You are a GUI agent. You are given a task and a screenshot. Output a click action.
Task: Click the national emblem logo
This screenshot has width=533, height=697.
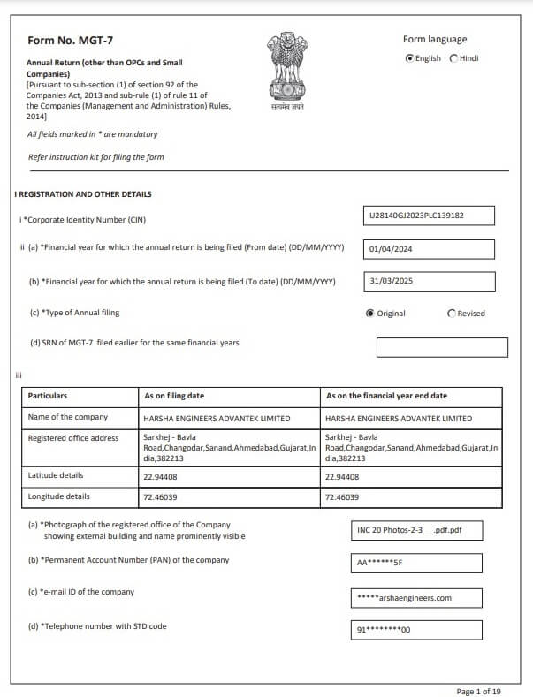286,68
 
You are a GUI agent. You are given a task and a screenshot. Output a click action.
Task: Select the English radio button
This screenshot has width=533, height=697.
409,58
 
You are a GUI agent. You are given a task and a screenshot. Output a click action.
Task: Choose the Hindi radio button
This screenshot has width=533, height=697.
454,58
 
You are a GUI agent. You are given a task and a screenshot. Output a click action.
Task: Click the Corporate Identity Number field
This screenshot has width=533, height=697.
430,216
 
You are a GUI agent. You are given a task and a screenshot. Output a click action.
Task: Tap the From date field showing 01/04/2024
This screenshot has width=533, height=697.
430,249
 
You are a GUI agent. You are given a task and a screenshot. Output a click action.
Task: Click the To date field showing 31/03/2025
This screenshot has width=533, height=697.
430,282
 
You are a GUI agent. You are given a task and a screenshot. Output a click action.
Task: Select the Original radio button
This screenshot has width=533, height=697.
369,314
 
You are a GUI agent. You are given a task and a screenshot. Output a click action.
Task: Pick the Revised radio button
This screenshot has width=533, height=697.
453,314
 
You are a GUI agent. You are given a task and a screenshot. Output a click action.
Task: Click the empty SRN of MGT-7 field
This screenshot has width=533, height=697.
442,347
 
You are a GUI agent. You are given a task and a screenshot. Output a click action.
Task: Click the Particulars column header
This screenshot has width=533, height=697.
48,396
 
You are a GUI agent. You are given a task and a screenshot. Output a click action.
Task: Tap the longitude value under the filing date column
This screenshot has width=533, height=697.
160,497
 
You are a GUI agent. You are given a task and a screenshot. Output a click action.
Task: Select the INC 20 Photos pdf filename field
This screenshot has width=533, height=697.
416,531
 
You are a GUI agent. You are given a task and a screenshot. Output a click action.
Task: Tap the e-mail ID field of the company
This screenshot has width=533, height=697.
416,598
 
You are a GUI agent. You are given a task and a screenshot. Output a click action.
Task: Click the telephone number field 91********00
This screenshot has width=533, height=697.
416,630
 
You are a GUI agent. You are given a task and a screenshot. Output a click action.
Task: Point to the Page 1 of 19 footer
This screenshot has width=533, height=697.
479,691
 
